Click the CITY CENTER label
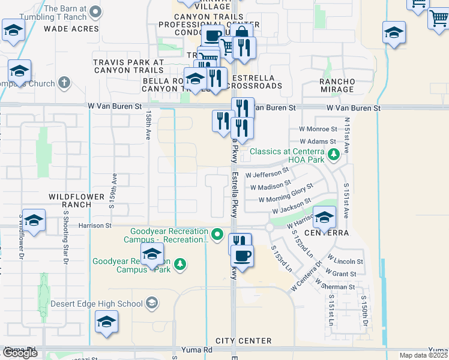[240, 341]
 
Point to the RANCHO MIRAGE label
[337, 85]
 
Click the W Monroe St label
[318, 129]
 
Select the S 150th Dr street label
[363, 311]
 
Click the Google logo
[20, 353]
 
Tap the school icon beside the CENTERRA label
[324, 217]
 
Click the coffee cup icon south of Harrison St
[242, 256]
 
